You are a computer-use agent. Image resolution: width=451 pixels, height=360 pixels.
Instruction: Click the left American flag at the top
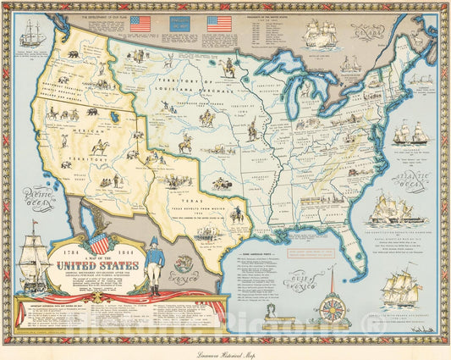(140, 24)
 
